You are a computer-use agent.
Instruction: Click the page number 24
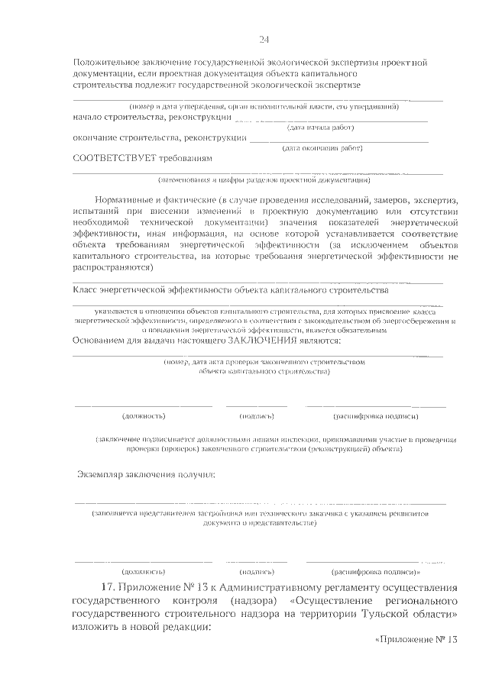263,40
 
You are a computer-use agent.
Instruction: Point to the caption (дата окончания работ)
322,148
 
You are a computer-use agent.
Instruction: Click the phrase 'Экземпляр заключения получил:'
146,476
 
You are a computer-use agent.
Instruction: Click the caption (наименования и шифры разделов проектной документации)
264,180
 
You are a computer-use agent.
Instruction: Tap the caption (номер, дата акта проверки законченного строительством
264,361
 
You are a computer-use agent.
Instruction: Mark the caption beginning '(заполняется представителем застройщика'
260,514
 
